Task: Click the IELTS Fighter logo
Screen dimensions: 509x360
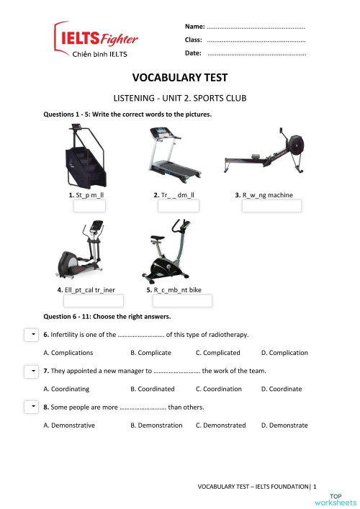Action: point(96,42)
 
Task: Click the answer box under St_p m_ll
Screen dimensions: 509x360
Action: point(95,207)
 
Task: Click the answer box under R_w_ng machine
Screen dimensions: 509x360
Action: point(271,207)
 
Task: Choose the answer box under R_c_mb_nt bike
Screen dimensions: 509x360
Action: point(182,301)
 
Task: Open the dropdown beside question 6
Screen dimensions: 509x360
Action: point(31,335)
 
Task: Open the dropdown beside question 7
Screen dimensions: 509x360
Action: point(31,371)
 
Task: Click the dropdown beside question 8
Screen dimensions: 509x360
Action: point(31,407)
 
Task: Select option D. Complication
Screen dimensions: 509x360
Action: point(284,353)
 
